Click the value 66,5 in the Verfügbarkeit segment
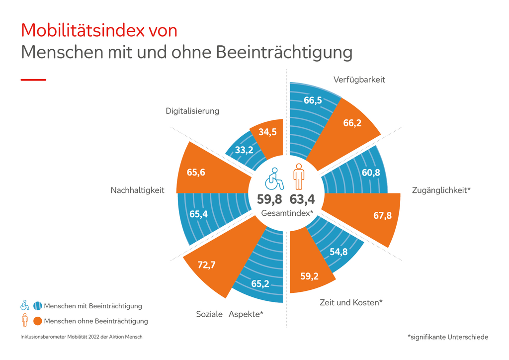[x=313, y=100]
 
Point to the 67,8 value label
[x=383, y=215]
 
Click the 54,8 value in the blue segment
[x=339, y=252]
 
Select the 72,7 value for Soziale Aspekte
[x=206, y=265]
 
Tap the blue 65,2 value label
[x=260, y=284]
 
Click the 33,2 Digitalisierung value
[x=244, y=150]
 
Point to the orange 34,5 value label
[x=267, y=132]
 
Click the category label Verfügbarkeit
[x=359, y=80]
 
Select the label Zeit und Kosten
[x=350, y=302]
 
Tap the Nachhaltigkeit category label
[x=138, y=190]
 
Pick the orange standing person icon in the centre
[x=298, y=177]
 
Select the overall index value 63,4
[x=303, y=200]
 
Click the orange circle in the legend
[x=38, y=321]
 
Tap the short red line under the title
[x=33, y=80]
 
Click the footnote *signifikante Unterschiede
[x=447, y=337]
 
